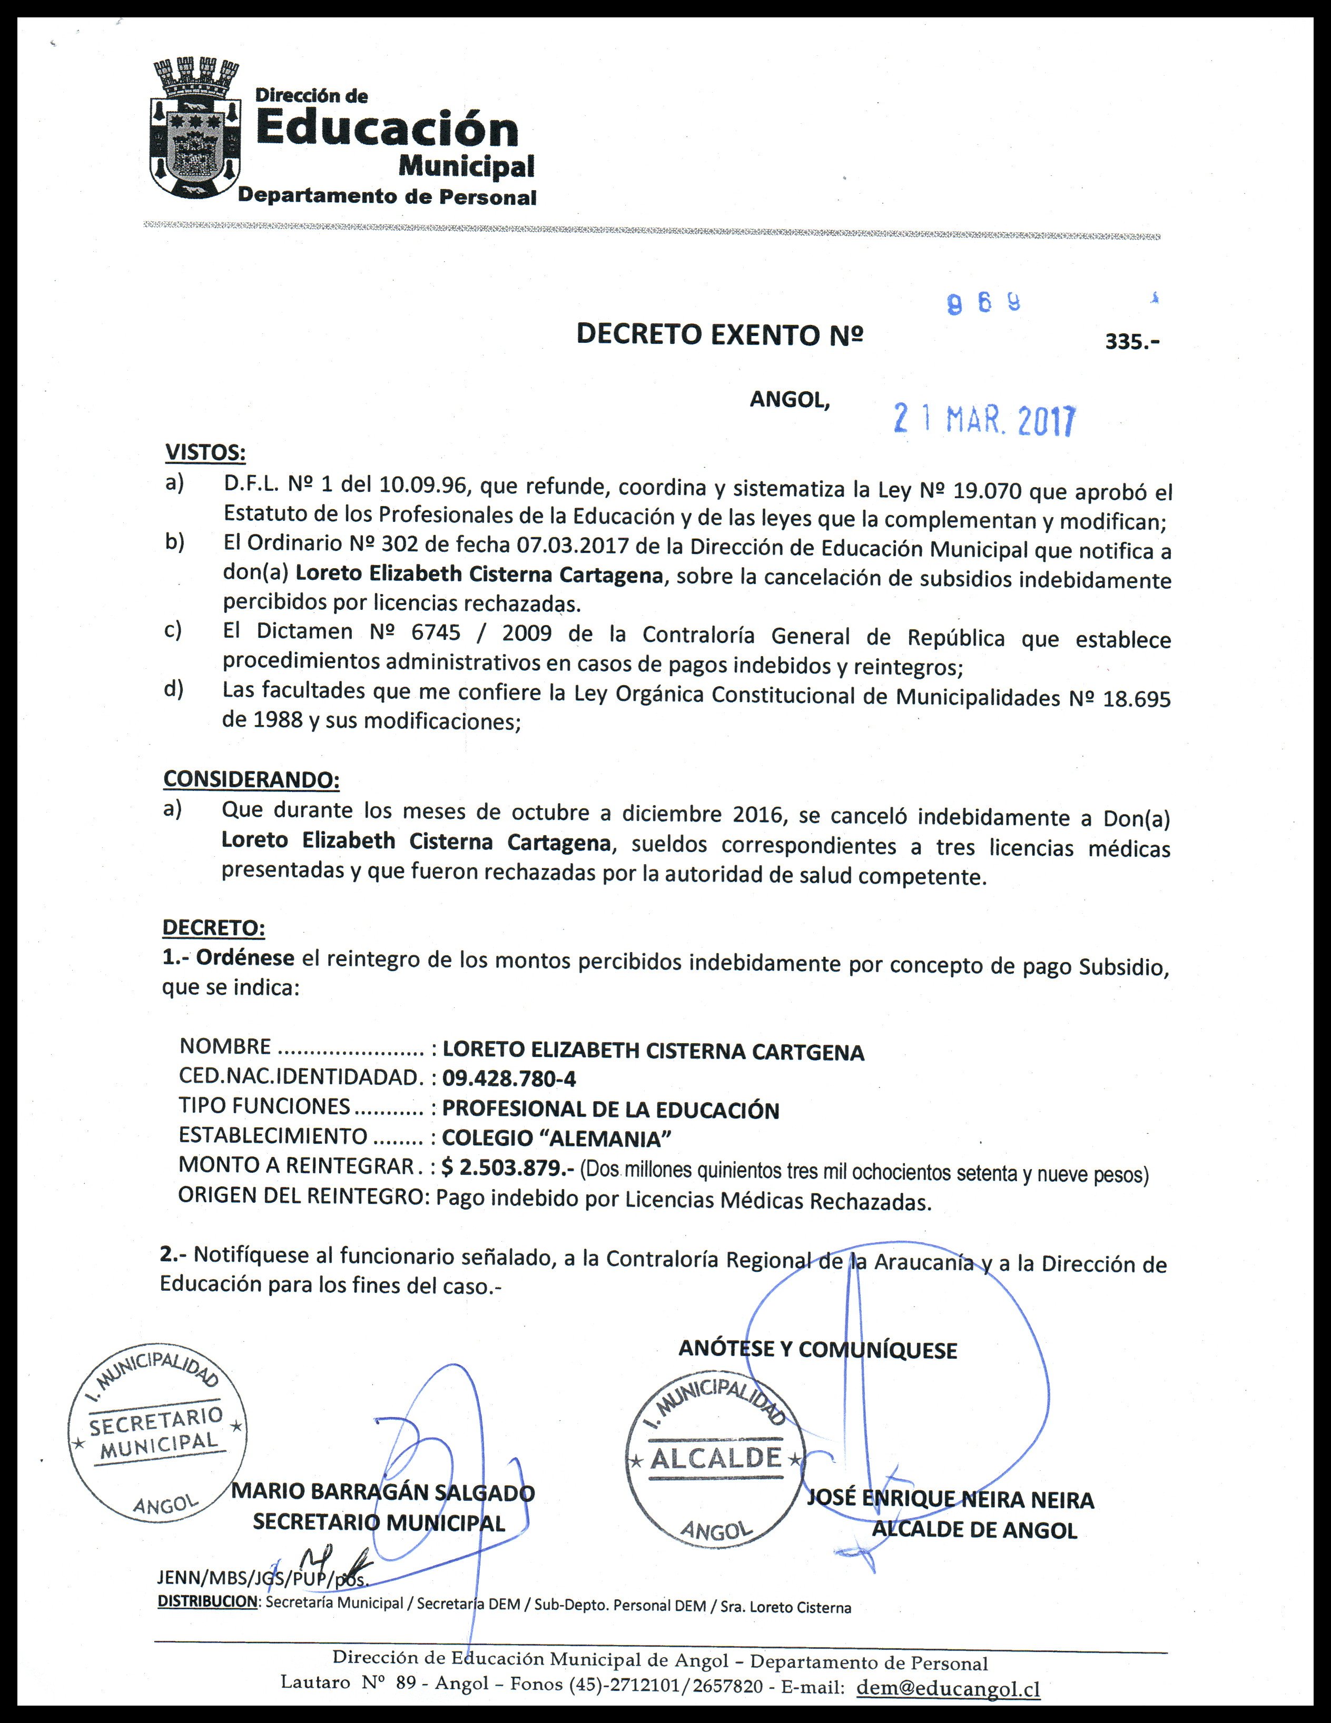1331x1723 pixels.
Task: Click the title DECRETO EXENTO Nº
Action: pos(719,334)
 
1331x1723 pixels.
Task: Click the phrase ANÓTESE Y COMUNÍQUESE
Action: pos(817,1350)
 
